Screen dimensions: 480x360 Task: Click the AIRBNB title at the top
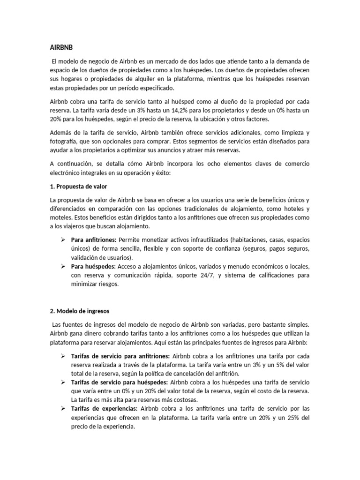pos(61,47)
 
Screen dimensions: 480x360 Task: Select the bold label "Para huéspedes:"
pos(93,266)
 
